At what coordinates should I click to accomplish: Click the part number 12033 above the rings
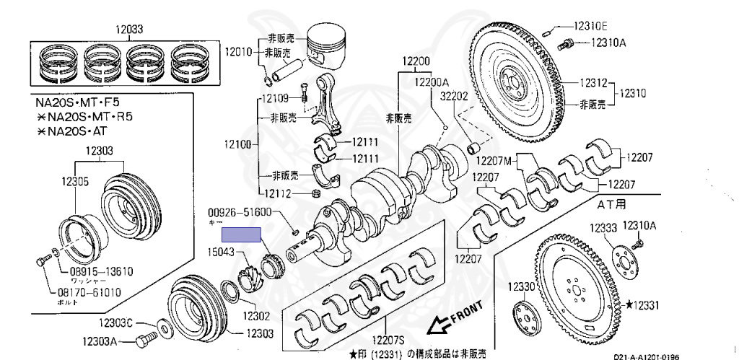point(130,30)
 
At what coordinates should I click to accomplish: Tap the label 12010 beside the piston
point(238,52)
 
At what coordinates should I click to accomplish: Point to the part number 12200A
point(432,82)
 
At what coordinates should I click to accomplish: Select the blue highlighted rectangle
point(241,234)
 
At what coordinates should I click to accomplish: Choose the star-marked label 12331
point(643,306)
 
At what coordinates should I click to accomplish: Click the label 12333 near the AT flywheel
point(603,228)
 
